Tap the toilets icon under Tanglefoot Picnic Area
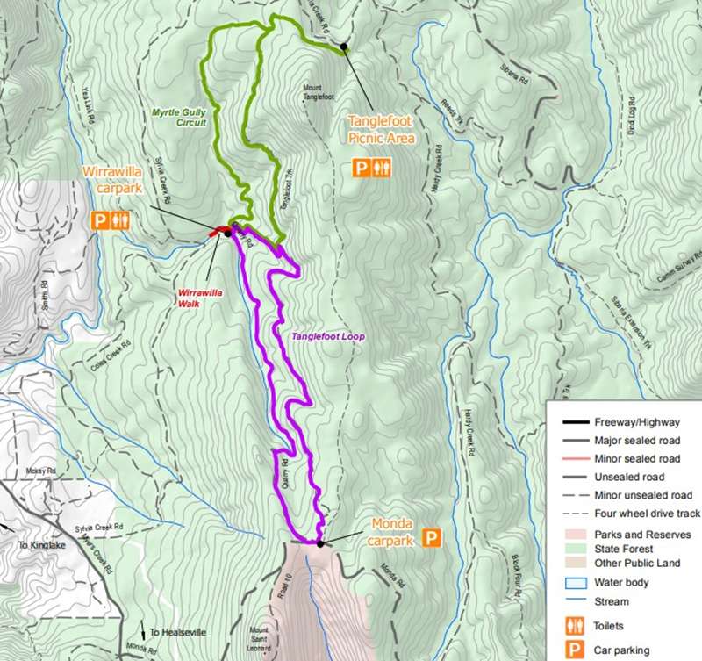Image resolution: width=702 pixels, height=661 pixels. click(380, 168)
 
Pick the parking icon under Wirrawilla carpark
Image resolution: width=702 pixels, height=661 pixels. click(100, 220)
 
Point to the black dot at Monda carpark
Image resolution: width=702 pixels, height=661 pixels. click(320, 543)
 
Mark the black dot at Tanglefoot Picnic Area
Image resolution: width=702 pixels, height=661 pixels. click(345, 47)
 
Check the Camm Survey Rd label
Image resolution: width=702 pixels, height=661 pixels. click(677, 272)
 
